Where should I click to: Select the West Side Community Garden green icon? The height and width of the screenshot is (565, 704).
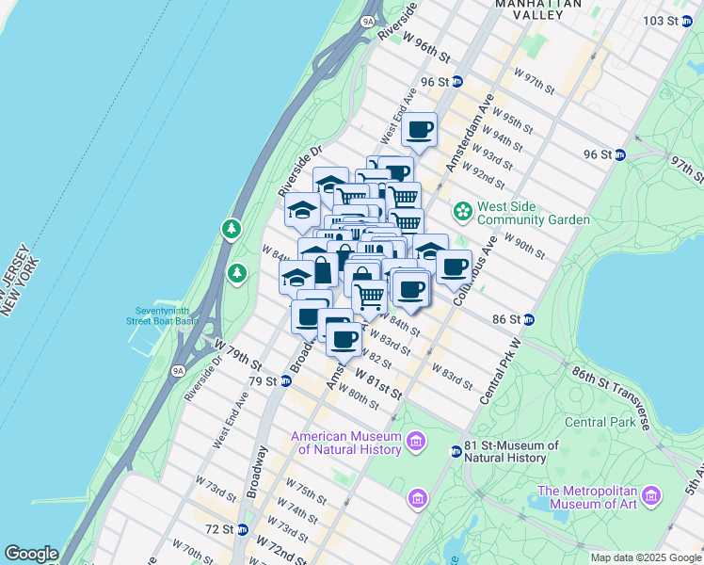(x=462, y=208)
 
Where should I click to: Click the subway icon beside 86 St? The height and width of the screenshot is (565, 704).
(x=529, y=320)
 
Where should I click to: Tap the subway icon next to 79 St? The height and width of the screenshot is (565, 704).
(x=285, y=381)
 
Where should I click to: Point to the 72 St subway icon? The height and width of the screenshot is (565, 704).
(x=242, y=530)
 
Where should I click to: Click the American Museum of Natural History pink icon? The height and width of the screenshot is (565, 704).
(x=415, y=441)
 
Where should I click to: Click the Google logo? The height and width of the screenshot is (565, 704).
(x=31, y=554)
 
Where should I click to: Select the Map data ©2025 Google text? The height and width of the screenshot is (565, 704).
(x=645, y=557)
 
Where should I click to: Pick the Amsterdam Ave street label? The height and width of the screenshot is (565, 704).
(x=470, y=132)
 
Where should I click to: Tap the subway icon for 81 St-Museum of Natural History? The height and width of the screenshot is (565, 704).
(x=456, y=451)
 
